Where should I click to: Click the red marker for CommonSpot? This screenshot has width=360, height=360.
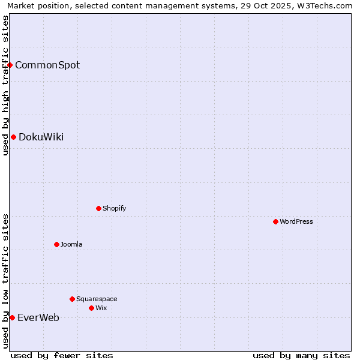(x=10, y=65)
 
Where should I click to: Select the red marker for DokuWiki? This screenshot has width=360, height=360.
(x=13, y=137)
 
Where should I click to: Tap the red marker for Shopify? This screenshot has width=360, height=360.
(x=98, y=208)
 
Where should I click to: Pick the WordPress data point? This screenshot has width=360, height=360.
(x=275, y=221)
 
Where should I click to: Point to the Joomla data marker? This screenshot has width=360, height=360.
(x=56, y=244)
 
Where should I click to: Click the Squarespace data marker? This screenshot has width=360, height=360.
(x=72, y=299)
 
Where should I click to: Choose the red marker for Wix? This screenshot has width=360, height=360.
(x=91, y=308)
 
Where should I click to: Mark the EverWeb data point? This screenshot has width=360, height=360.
(x=12, y=317)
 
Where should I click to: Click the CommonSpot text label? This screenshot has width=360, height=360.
(x=47, y=65)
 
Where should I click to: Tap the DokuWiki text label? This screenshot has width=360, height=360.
(x=41, y=137)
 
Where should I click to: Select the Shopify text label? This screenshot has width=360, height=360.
(x=114, y=208)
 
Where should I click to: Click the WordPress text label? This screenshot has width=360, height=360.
(x=296, y=221)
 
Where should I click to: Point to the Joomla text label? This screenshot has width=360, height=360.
(x=71, y=244)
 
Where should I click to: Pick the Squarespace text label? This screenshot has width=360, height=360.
(x=97, y=299)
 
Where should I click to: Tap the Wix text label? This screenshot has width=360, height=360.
(x=101, y=308)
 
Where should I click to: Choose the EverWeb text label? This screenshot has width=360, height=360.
(x=38, y=317)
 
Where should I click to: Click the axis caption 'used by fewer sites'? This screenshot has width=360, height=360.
(x=62, y=355)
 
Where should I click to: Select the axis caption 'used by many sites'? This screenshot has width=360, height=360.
(x=301, y=355)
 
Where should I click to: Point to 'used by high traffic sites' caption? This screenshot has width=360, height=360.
(x=5, y=85)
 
